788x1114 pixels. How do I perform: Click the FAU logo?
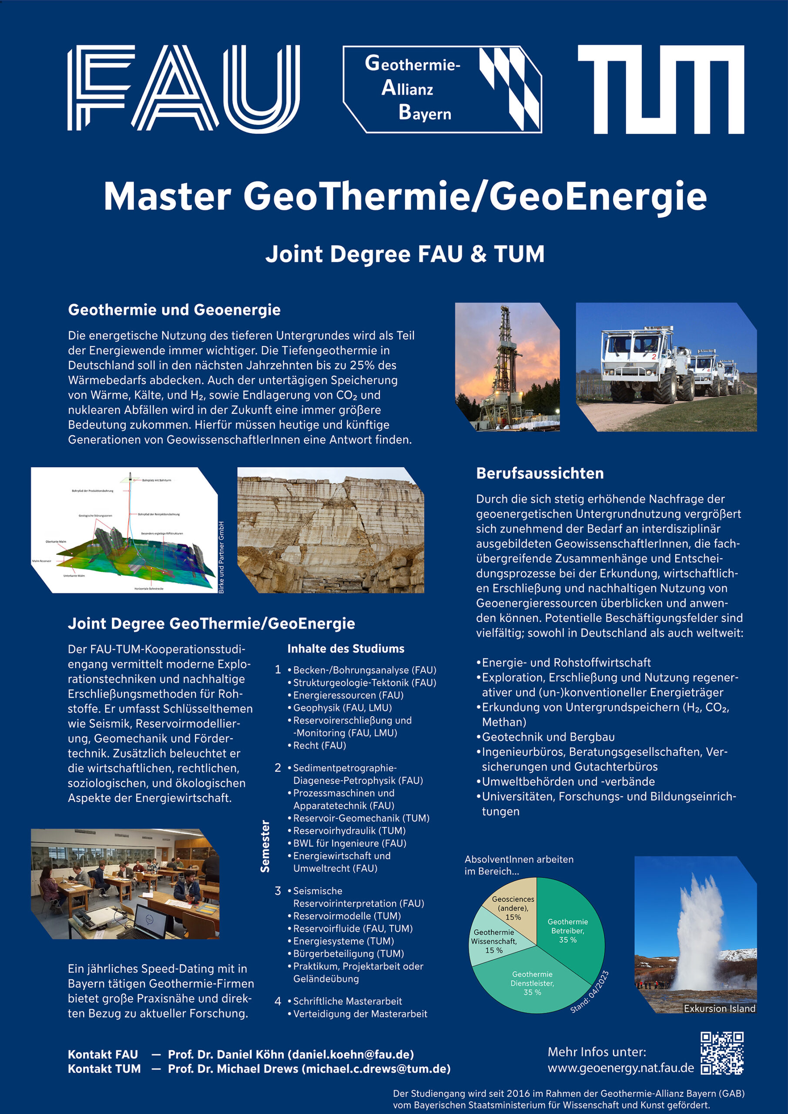pos(184,88)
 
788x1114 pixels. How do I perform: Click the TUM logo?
pos(661,89)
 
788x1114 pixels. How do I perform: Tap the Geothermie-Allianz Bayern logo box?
pos(442,89)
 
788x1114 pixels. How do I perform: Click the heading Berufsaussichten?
pos(540,473)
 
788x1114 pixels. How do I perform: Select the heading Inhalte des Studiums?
pos(345,649)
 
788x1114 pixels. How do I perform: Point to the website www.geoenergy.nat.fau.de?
pos(620,1068)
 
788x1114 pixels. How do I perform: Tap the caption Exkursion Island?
pos(719,1008)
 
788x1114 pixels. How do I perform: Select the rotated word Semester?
pos(265,846)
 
